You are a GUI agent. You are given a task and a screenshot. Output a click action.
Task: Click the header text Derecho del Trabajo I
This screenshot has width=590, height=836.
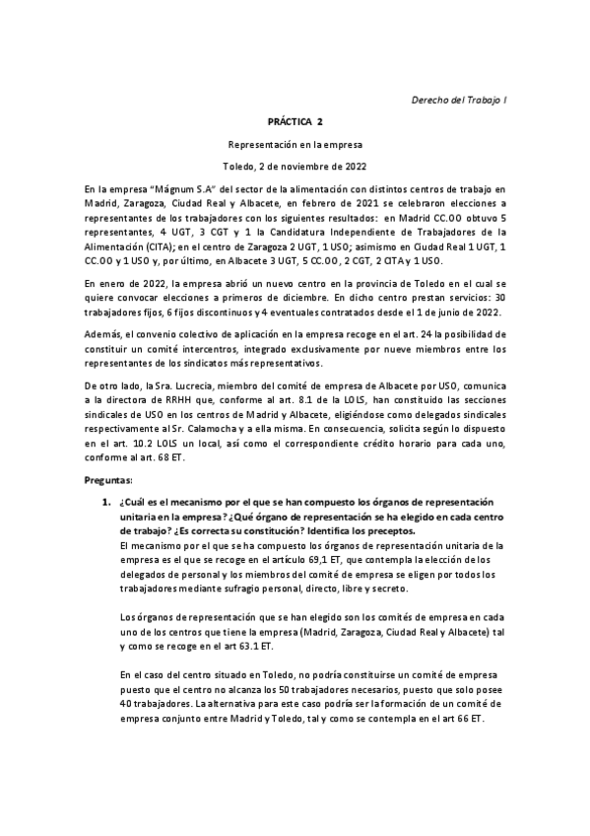coord(458,101)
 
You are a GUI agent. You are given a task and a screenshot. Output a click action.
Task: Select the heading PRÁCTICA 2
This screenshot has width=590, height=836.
coord(295,121)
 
